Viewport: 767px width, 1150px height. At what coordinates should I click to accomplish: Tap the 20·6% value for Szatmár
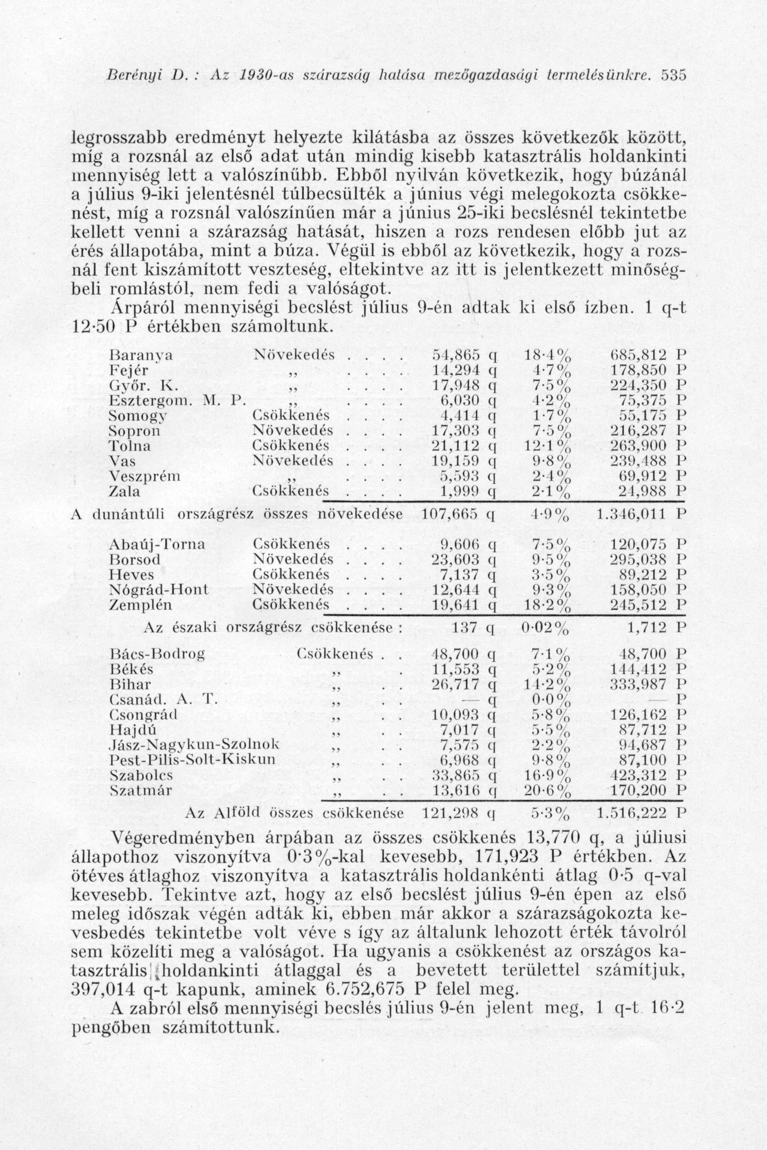[x=548, y=790]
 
